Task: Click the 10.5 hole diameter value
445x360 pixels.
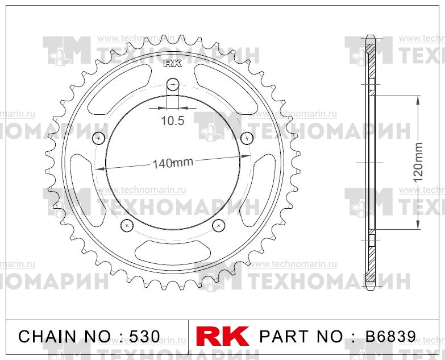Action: (172, 121)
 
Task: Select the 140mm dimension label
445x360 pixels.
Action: (173, 163)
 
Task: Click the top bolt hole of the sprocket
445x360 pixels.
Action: (173, 85)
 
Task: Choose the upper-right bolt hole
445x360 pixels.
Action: (247, 138)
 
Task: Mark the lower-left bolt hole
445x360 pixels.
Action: (127, 225)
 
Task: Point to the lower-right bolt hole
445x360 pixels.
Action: (218, 225)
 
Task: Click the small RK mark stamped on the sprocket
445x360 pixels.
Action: (173, 64)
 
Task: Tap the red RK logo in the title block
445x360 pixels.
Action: (222, 336)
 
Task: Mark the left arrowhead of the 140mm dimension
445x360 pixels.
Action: (98, 168)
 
